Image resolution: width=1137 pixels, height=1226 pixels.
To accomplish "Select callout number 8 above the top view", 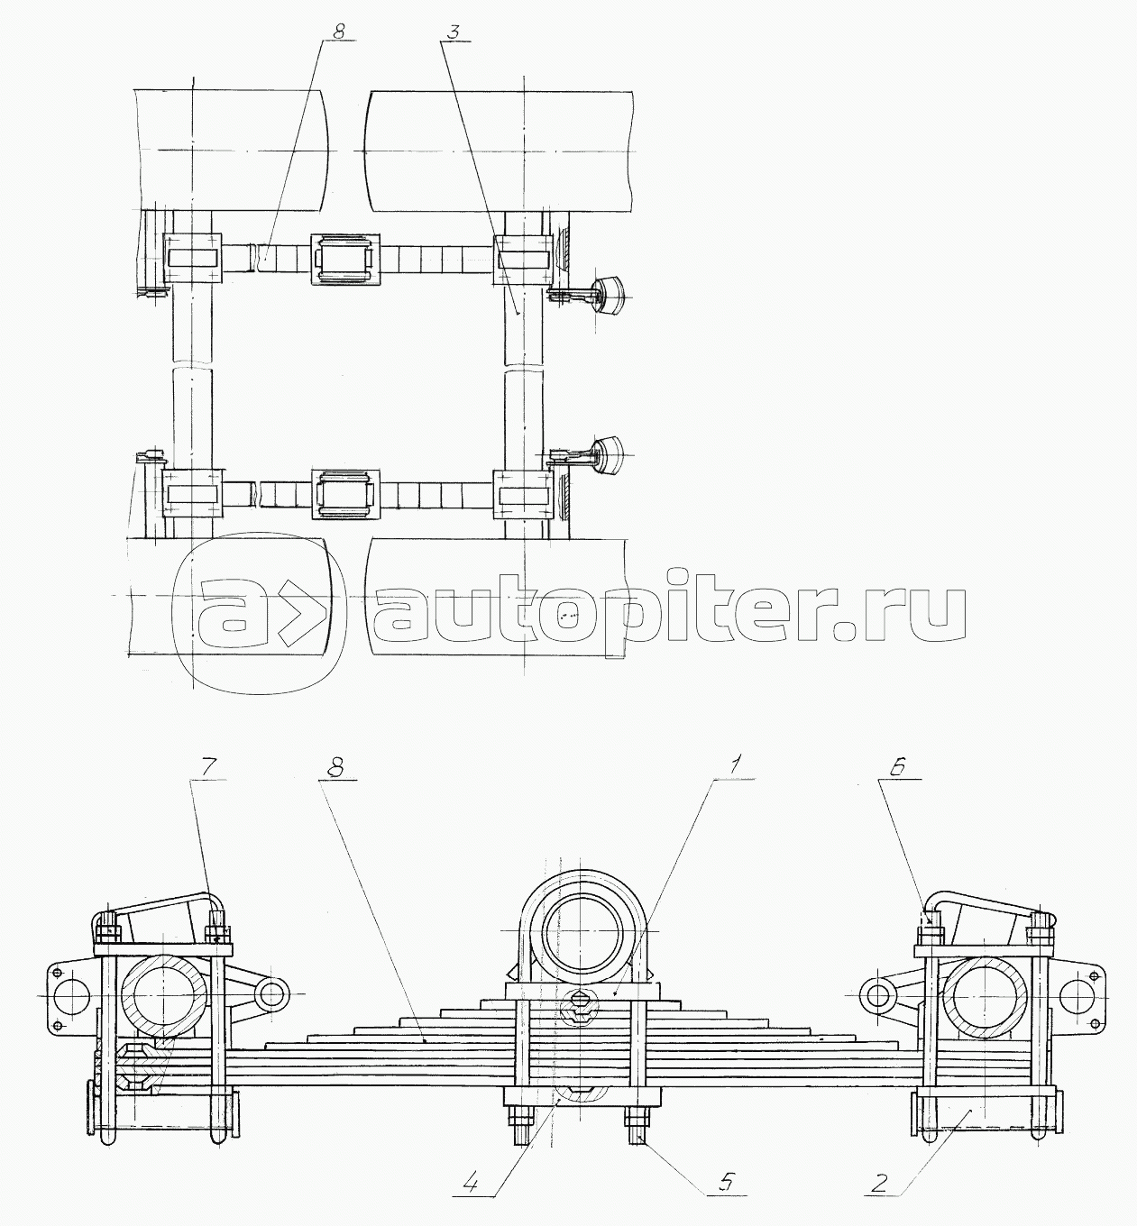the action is [338, 32].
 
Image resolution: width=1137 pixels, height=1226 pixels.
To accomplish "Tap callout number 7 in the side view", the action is [207, 768].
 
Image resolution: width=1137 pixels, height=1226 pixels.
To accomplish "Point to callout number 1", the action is [734, 767].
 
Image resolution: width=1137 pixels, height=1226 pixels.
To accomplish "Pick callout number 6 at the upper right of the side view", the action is [898, 767].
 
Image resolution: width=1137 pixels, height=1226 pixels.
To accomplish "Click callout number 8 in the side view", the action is [337, 767].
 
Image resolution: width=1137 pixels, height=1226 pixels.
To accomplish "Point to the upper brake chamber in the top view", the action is [608, 293].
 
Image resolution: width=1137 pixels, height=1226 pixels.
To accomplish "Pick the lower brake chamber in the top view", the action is [608, 455].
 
